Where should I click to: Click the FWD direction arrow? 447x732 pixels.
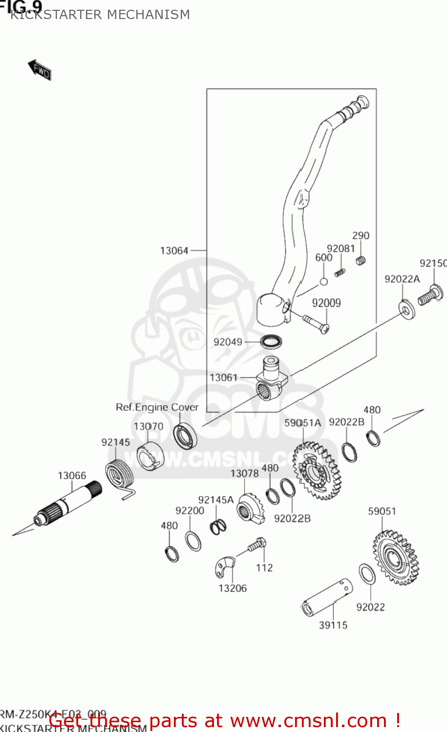pyautogui.click(x=40, y=70)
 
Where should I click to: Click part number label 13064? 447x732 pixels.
pyautogui.click(x=174, y=251)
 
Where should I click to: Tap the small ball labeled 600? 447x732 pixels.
pyautogui.click(x=323, y=282)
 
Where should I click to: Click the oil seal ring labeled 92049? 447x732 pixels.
pyautogui.click(x=271, y=342)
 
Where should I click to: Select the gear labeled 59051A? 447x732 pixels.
pyautogui.click(x=315, y=471)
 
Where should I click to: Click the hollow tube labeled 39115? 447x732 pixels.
pyautogui.click(x=326, y=597)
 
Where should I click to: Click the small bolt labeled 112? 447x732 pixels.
pyautogui.click(x=257, y=545)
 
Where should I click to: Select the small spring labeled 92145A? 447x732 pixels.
pyautogui.click(x=218, y=527)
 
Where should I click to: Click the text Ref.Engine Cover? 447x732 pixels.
pyautogui.click(x=157, y=407)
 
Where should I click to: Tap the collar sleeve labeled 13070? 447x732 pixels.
pyautogui.click(x=149, y=457)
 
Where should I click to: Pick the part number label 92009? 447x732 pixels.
pyautogui.click(x=326, y=303)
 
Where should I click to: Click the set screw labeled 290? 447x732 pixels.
pyautogui.click(x=361, y=261)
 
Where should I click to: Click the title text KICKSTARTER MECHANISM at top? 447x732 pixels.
pyautogui.click(x=100, y=15)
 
